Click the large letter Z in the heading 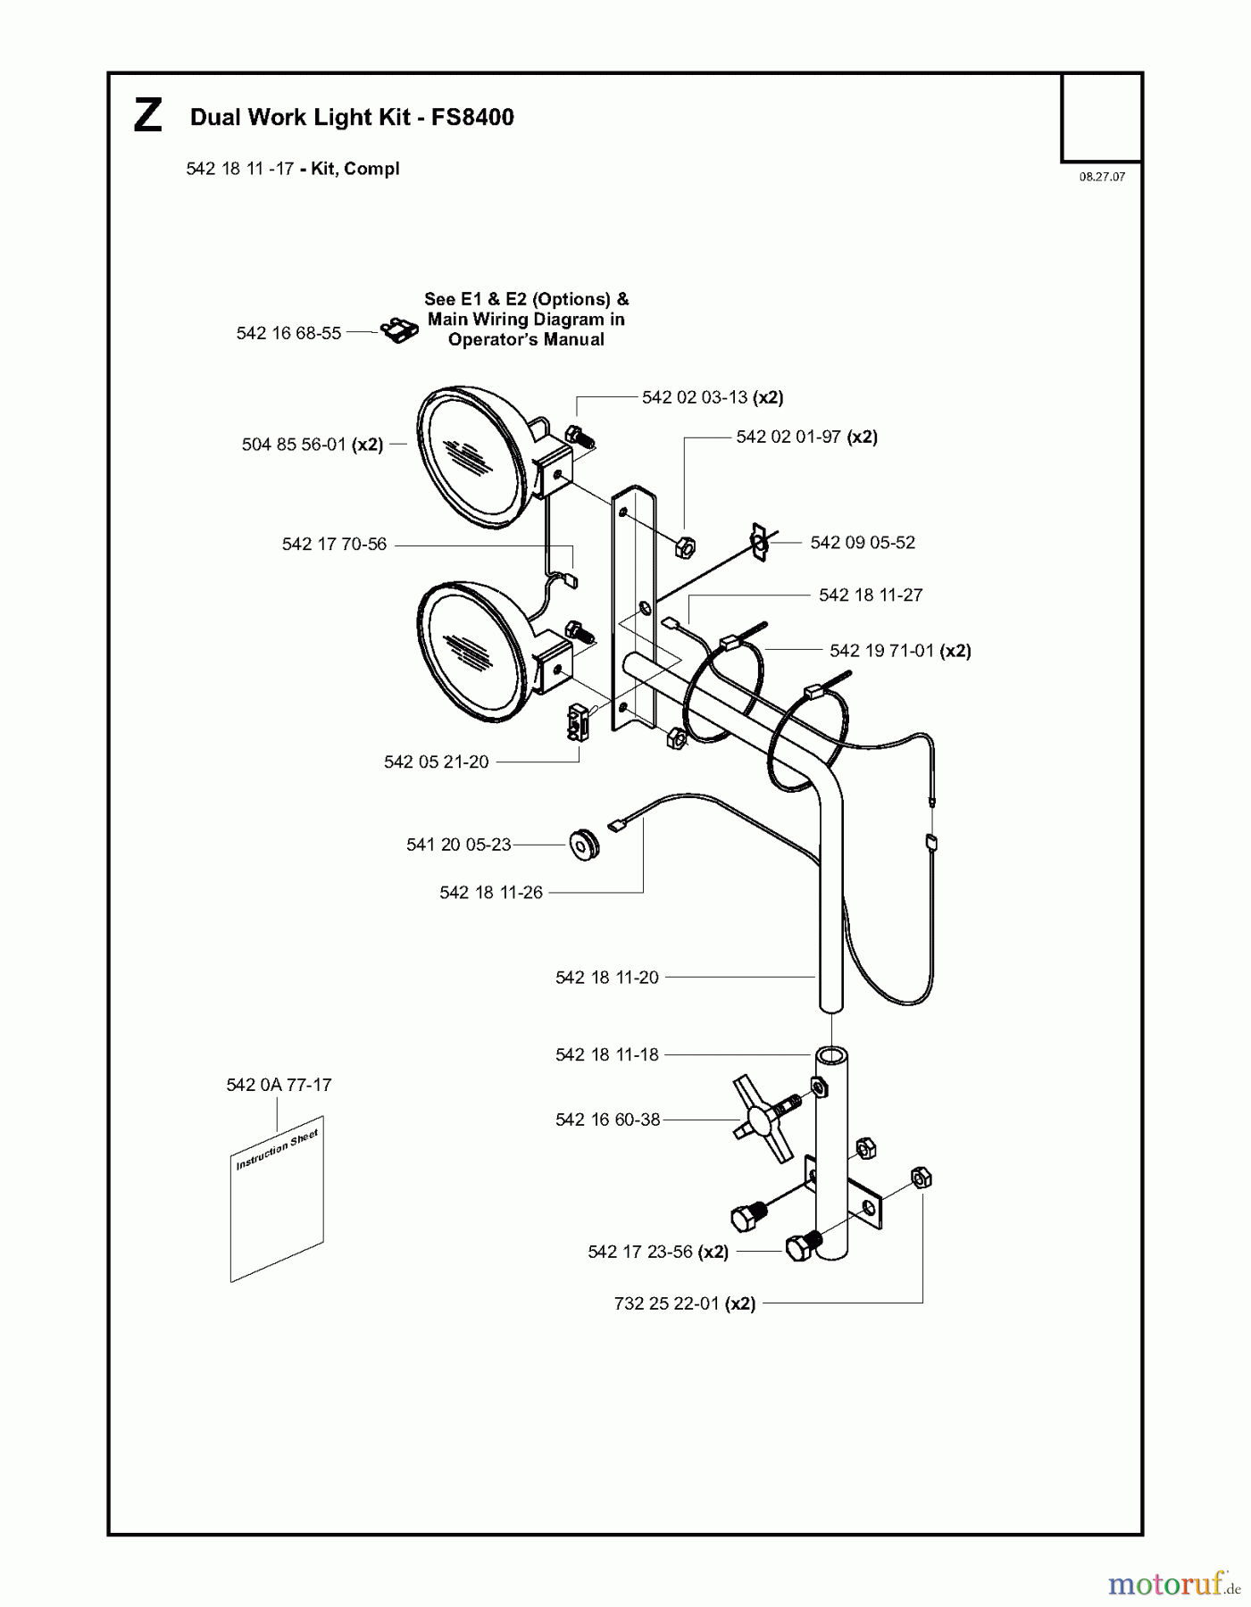148,117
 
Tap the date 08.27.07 1102,177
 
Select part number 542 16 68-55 288,333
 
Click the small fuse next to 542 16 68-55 400,331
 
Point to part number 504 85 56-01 294,445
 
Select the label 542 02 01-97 788,437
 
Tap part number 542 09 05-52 863,543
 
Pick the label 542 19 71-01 881,651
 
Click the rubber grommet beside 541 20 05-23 584,844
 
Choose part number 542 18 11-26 491,893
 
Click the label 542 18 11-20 607,978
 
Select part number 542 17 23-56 640,1252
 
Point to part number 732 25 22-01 667,1303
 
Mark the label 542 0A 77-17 279,1085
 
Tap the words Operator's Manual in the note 526,339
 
